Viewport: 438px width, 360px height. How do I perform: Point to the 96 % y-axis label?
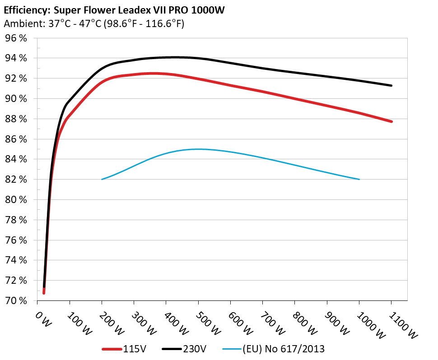tap(16, 38)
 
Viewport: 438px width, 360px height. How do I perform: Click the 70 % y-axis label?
tap(16, 300)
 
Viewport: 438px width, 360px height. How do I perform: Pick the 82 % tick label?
tap(16, 180)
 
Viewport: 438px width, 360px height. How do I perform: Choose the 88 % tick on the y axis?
tap(16, 119)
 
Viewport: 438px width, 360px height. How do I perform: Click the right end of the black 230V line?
tap(391, 85)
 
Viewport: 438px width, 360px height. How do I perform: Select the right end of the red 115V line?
tap(391, 121)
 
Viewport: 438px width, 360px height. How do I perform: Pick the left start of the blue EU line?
tap(102, 179)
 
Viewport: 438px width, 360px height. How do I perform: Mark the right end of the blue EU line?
tap(359, 179)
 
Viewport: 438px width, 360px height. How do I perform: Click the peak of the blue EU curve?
tap(198, 149)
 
